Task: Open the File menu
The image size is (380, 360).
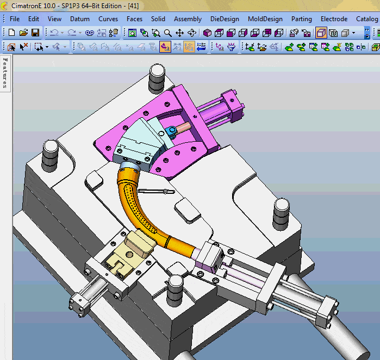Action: coord(15,19)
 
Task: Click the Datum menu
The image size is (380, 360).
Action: coord(80,19)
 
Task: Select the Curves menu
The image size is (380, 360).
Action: coord(108,19)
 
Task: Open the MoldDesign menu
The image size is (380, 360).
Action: coord(265,19)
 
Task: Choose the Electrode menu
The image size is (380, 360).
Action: coord(334,19)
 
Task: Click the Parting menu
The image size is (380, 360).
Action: coord(302,19)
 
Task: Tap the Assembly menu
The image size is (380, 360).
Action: coord(188,19)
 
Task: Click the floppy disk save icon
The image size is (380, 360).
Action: coord(35,33)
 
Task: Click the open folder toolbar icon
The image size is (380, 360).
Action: coord(23,33)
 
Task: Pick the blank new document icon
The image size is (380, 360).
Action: coord(11,33)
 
